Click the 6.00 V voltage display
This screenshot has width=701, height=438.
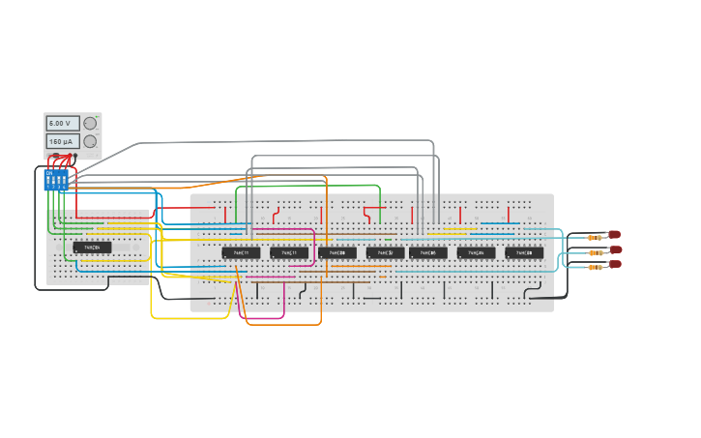click(63, 124)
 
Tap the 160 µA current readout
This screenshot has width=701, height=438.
click(63, 141)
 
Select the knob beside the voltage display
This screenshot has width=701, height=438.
click(90, 123)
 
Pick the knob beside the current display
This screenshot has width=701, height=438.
click(90, 141)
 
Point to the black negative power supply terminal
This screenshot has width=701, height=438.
click(74, 156)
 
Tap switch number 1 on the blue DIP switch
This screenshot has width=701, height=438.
click(49, 181)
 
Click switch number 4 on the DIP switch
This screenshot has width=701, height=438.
click(64, 181)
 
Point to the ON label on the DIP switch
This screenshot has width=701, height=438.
click(49, 173)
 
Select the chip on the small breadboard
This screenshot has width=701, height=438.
click(92, 248)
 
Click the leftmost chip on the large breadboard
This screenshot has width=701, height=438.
click(241, 252)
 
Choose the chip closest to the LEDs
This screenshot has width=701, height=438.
click(525, 252)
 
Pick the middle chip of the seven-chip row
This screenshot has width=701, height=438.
click(386, 252)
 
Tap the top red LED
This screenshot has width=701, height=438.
click(614, 234)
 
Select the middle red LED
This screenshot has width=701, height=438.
click(615, 249)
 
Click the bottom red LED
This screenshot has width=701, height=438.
click(614, 264)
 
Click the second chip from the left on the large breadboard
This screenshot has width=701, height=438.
click(289, 252)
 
